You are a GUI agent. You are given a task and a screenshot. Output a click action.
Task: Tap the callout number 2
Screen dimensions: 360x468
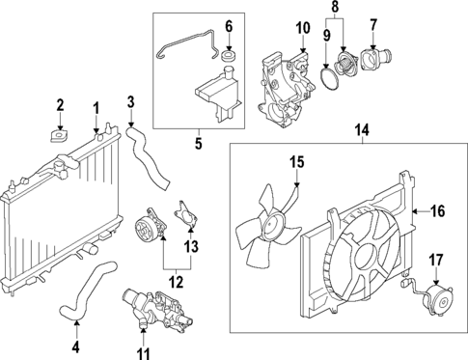coord(60,104)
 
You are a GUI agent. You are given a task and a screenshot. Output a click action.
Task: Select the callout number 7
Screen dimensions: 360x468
coord(373,20)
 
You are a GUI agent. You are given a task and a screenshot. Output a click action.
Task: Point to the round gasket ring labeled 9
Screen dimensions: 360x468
coord(333,75)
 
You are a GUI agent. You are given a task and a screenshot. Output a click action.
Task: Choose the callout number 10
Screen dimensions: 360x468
coord(301,27)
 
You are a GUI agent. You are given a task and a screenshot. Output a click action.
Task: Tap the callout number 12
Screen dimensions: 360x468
coord(176,283)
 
